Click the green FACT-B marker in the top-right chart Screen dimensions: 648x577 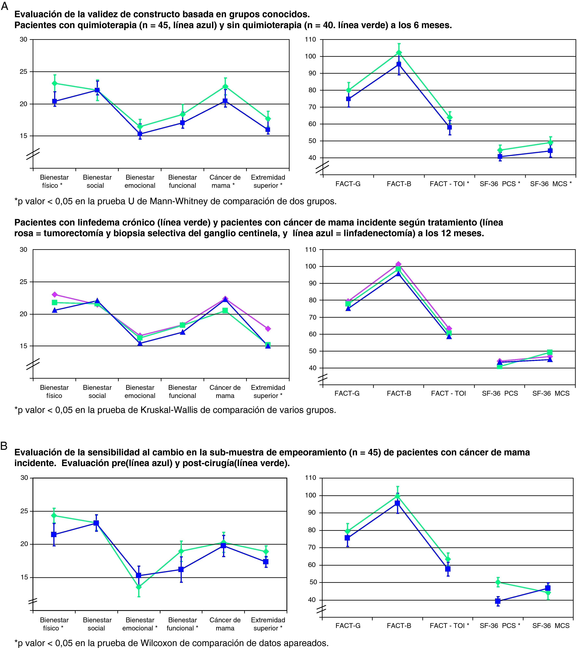click(x=399, y=53)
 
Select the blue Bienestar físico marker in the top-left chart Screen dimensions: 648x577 click(x=54, y=101)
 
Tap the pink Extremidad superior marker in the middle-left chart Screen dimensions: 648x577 click(x=268, y=329)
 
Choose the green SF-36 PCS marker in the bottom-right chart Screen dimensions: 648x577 click(x=498, y=582)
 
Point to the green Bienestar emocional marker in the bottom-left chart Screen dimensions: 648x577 click(x=139, y=587)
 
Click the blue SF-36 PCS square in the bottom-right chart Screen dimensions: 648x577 click(x=498, y=601)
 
